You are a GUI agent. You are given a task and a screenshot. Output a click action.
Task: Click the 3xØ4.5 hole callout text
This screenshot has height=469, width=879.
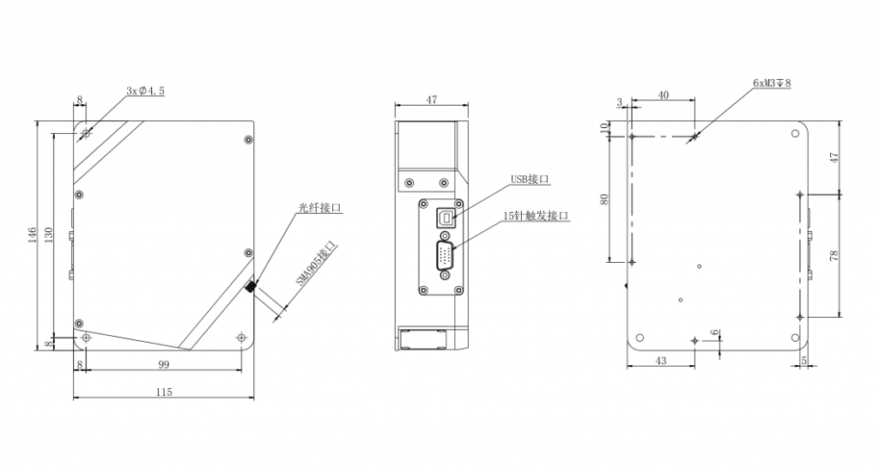pyautogui.click(x=145, y=90)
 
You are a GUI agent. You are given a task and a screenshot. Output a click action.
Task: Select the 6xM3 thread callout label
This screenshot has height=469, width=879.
pyautogui.click(x=772, y=83)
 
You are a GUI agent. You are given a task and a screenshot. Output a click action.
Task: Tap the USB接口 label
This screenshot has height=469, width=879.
pyautogui.click(x=529, y=180)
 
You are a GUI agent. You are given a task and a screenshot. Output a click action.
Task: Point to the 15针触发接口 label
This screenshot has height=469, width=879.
pyautogui.click(x=536, y=216)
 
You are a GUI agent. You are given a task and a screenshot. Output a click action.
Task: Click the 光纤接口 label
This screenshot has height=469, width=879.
pyautogui.click(x=319, y=208)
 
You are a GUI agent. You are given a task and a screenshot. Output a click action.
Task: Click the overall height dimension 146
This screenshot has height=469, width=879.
pyautogui.click(x=33, y=235)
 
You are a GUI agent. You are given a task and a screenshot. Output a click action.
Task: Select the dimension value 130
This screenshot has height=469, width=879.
pyautogui.click(x=49, y=235)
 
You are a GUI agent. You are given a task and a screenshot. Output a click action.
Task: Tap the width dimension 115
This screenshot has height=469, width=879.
pyautogui.click(x=164, y=393)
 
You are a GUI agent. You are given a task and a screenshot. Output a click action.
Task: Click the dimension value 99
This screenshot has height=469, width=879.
pyautogui.click(x=163, y=365)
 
